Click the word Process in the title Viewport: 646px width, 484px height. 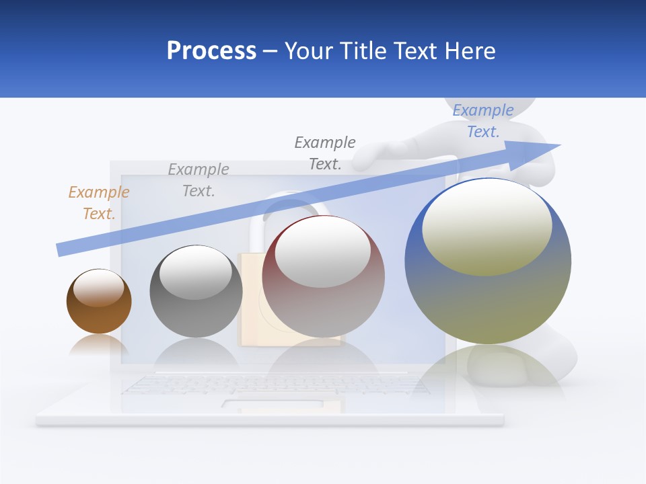click(x=211, y=50)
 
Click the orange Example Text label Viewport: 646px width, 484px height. click(x=98, y=202)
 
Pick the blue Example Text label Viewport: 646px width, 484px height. click(x=482, y=121)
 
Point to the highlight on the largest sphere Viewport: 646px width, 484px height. click(x=487, y=227)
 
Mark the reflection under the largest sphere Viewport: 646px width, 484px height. click(x=488, y=370)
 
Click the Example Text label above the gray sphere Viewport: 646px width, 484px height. click(x=198, y=179)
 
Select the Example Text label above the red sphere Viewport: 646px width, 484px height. click(x=325, y=153)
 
